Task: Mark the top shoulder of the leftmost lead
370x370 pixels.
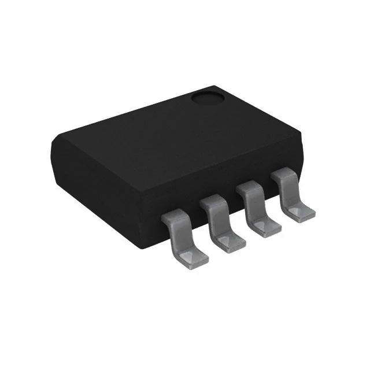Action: pyautogui.click(x=175, y=214)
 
